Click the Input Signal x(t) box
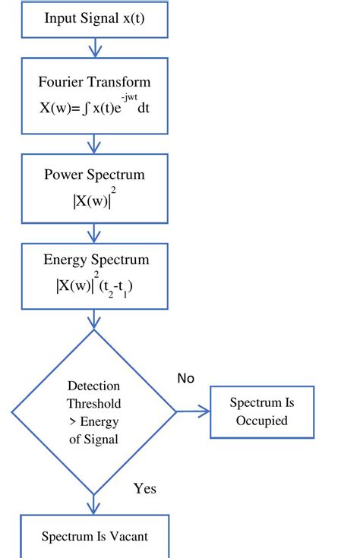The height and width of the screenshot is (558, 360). click(94, 19)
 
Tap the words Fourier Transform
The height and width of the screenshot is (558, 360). click(94, 82)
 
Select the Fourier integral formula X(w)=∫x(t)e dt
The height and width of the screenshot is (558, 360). click(94, 108)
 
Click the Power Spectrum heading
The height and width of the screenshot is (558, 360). click(94, 175)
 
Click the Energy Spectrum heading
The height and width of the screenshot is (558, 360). click(94, 260)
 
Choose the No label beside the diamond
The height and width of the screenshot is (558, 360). click(186, 378)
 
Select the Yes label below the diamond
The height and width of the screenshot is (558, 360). click(144, 488)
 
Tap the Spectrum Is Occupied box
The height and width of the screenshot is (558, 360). click(261, 411)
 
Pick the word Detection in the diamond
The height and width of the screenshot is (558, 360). click(94, 386)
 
